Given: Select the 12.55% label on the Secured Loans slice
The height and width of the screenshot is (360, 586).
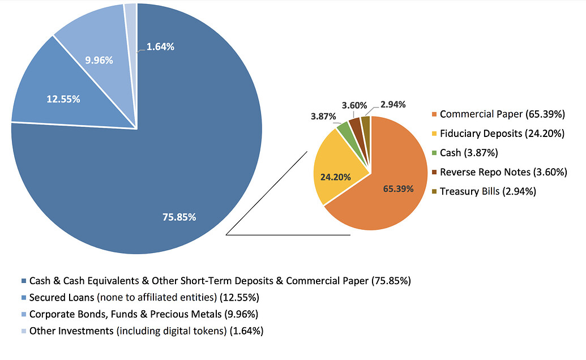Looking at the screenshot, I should [63, 99].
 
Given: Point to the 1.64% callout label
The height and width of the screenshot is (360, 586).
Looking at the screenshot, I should [160, 47].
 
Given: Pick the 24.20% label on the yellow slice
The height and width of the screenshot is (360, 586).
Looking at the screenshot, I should [335, 177].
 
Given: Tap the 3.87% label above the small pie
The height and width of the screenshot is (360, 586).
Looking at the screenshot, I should [324, 116].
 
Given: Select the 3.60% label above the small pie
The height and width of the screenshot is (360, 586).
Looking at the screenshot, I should [354, 105].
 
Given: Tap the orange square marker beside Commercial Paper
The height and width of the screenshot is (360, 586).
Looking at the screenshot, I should [434, 115].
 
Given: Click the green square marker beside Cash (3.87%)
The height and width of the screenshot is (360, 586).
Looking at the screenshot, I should [434, 153].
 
